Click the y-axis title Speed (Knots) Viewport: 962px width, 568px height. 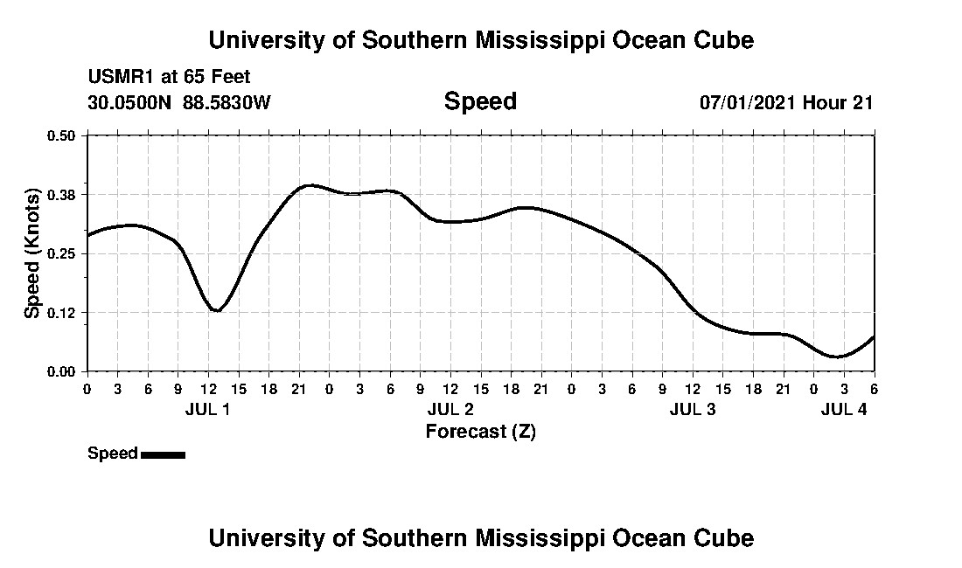32,253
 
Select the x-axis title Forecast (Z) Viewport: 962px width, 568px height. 480,431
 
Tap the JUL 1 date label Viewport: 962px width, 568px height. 208,409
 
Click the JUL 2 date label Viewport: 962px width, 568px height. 450,409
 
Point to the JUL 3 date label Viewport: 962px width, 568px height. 693,409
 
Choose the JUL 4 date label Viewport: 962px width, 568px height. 843,409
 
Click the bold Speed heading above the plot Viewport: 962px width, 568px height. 480,101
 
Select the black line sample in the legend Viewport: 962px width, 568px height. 163,454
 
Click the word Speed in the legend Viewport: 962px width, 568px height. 113,454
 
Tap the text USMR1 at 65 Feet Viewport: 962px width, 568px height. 169,77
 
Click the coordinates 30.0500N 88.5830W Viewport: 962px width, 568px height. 179,102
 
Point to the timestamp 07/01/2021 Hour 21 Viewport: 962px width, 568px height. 786,102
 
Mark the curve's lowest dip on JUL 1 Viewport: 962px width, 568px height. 216,310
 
